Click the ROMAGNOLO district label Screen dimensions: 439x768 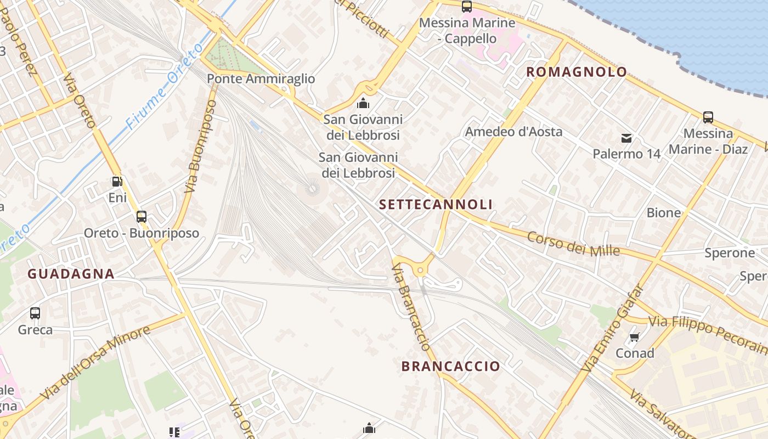pos(577,72)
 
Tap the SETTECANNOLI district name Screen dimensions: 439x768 pos(436,205)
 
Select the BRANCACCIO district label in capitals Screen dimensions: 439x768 pos(451,367)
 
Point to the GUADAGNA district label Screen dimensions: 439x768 pos(71,274)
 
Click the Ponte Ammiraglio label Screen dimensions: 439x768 pos(261,79)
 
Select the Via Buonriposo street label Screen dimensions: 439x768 pos(199,146)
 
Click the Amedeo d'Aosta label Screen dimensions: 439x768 pos(513,132)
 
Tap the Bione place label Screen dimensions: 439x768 pos(664,213)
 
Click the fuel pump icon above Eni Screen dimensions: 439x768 pos(117,181)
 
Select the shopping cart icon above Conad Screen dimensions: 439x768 pos(635,337)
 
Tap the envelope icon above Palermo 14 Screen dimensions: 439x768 pos(626,138)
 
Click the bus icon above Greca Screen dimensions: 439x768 pos(35,313)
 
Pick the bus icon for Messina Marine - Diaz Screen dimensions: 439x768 pos(708,117)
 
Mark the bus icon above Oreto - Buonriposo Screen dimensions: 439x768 pos(142,216)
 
